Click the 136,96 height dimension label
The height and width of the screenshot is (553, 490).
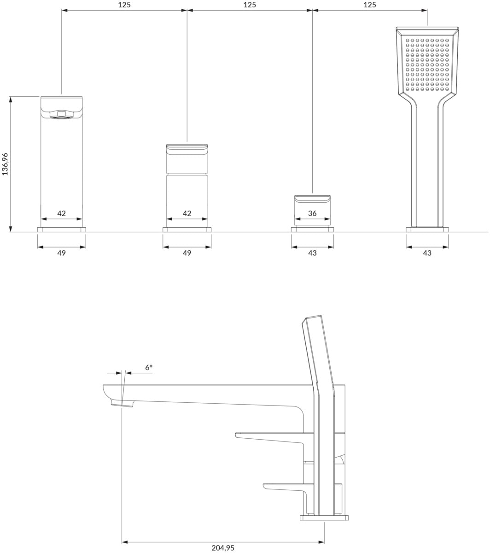pyautogui.click(x=5, y=164)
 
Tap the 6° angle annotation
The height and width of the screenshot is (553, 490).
pyautogui.click(x=149, y=368)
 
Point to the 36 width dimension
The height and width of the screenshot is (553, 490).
pyautogui.click(x=312, y=213)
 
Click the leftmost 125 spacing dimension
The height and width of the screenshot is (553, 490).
pyautogui.click(x=124, y=5)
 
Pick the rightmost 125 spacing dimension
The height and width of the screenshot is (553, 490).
pyautogui.click(x=370, y=5)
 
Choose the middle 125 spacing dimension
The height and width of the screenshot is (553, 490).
pyautogui.click(x=250, y=5)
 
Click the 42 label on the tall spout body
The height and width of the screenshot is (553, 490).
pyautogui.click(x=61, y=213)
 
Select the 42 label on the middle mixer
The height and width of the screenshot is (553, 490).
pyautogui.click(x=187, y=213)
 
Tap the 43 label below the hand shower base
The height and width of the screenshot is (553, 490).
pyautogui.click(x=427, y=253)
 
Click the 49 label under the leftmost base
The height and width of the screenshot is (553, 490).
pyautogui.click(x=61, y=253)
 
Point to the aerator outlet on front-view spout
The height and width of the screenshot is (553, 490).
pyautogui.click(x=61, y=115)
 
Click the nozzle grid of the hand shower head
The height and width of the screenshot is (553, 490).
pyautogui.click(x=427, y=65)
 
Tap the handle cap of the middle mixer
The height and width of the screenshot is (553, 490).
pyautogui.click(x=187, y=159)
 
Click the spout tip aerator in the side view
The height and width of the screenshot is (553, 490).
pyautogui.click(x=122, y=403)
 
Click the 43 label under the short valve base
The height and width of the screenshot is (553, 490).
pyautogui.click(x=312, y=253)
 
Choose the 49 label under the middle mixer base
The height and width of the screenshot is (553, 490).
pyautogui.click(x=187, y=253)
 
